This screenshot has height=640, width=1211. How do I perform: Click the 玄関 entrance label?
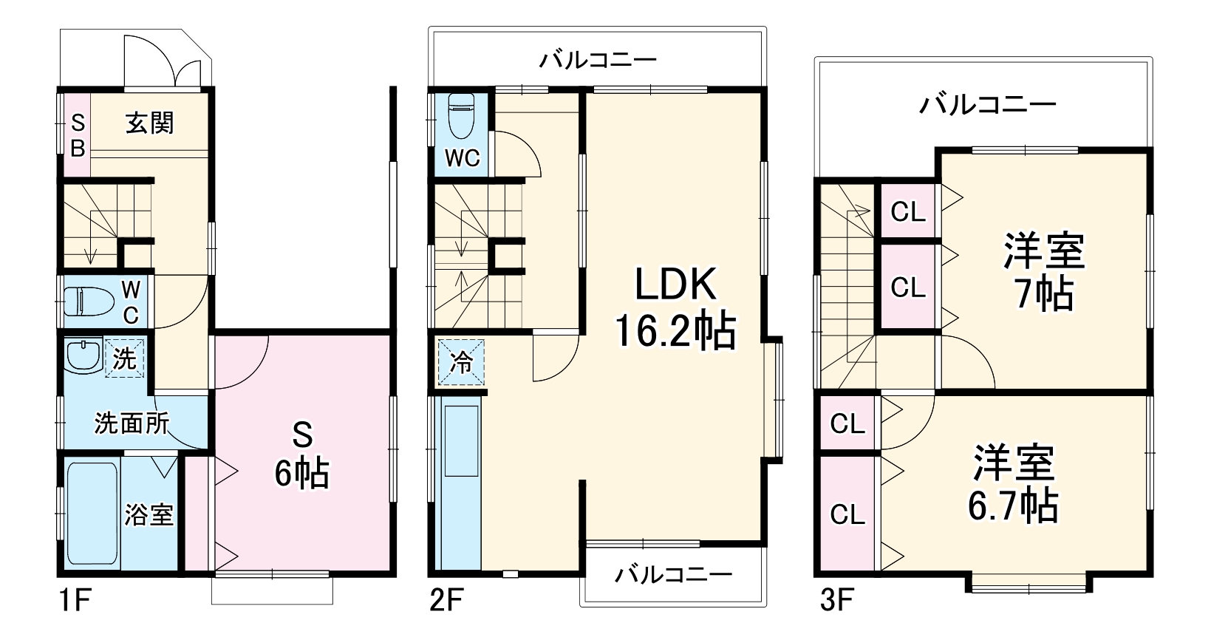click(150, 123)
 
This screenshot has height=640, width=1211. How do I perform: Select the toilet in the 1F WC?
click(89, 301)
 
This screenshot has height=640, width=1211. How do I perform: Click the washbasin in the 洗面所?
click(83, 356)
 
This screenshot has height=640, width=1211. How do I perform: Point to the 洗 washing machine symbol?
click(125, 357)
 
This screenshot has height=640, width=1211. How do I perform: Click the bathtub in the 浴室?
click(92, 513)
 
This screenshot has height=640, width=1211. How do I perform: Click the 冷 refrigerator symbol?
click(461, 361)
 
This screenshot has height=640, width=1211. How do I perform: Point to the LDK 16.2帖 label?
click(675, 307)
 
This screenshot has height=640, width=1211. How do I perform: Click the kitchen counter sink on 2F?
click(461, 440)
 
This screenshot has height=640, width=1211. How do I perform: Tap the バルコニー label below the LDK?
click(673, 574)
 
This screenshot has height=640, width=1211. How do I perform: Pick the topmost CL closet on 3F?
click(908, 211)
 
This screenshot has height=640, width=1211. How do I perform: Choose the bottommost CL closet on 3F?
click(847, 514)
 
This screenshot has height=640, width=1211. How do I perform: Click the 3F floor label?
click(836, 601)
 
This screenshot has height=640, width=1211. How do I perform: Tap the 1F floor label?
click(74, 601)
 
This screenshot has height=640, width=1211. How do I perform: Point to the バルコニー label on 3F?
click(988, 104)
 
